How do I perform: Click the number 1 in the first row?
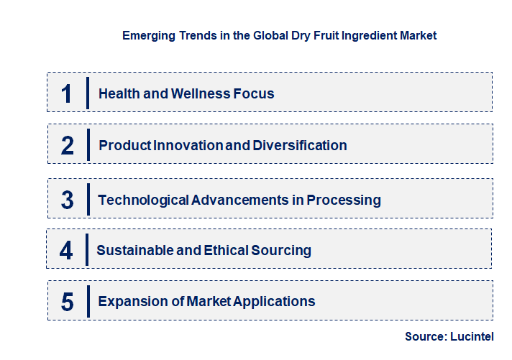(x=67, y=93)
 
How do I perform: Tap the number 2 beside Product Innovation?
(x=68, y=146)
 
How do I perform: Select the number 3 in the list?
(x=68, y=200)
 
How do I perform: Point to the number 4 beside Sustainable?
(x=66, y=251)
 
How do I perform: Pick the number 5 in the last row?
(x=68, y=302)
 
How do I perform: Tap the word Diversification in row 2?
(x=300, y=146)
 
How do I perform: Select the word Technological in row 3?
(x=143, y=200)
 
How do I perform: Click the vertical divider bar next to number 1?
(x=87, y=93)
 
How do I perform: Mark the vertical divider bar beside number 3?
(x=88, y=200)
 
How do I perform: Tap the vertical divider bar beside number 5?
(x=88, y=301)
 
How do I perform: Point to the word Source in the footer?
(x=424, y=336)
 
